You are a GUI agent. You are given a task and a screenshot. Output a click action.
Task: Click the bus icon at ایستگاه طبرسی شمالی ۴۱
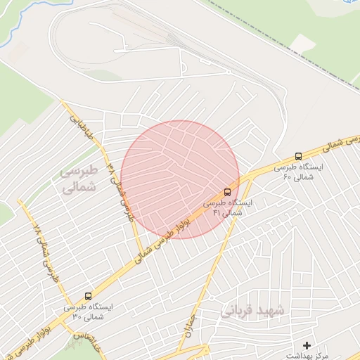click(227, 191)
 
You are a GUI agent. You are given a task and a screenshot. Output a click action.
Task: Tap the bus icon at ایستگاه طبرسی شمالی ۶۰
click(298, 157)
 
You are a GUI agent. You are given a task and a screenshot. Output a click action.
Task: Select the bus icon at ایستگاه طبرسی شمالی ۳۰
click(88, 296)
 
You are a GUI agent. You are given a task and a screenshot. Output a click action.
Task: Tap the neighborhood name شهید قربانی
click(253, 310)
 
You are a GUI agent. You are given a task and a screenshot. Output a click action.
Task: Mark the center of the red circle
click(180, 179)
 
